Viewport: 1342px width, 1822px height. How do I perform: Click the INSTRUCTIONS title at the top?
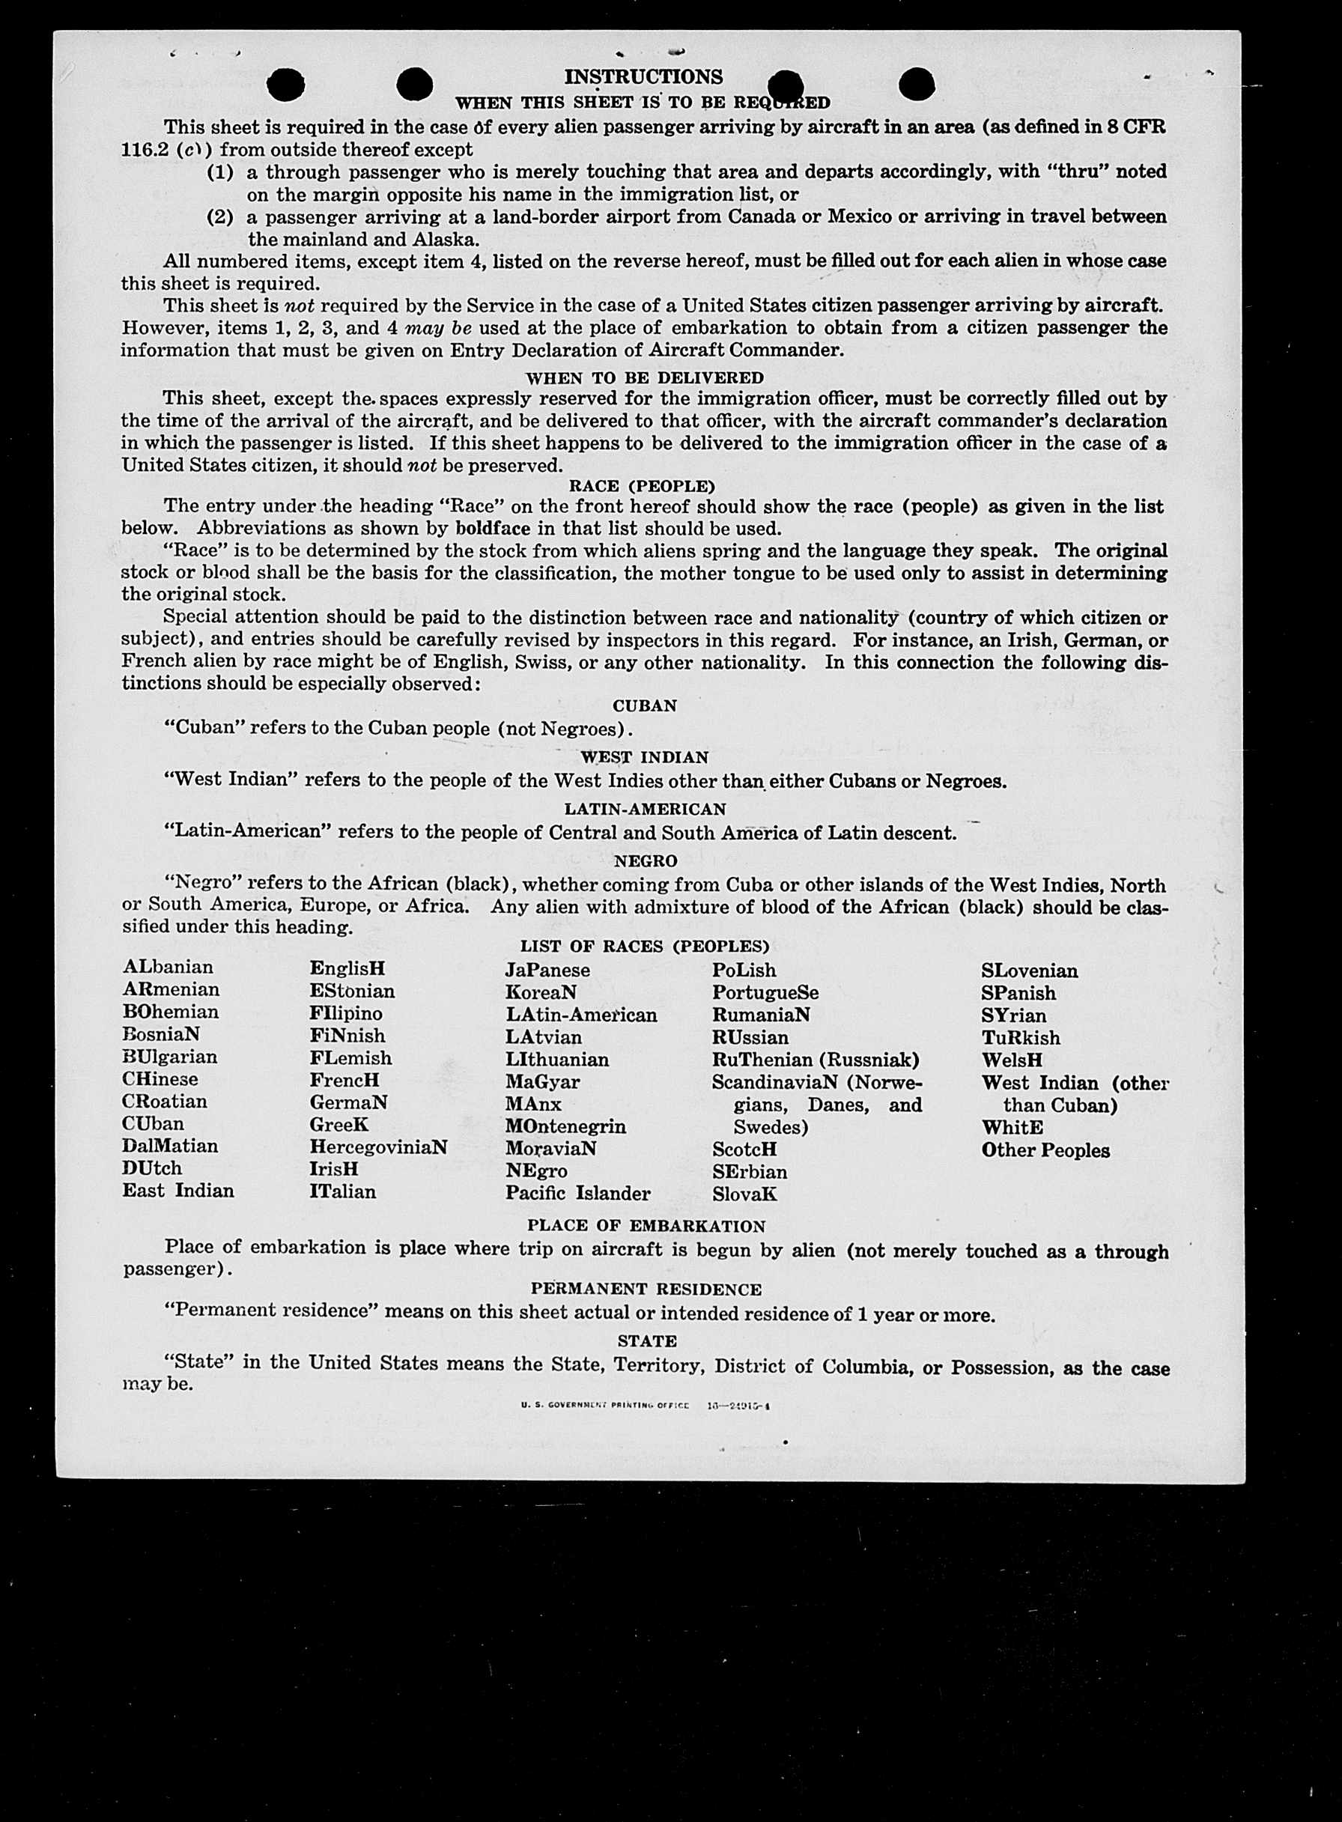(x=643, y=77)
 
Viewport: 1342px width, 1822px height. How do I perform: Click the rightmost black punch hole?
(x=917, y=85)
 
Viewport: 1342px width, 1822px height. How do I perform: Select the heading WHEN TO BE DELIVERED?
(x=644, y=377)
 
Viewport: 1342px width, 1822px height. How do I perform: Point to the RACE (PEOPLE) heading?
(x=642, y=486)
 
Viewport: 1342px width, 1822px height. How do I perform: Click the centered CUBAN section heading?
(x=644, y=706)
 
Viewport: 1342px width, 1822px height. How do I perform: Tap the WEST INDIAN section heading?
(x=644, y=757)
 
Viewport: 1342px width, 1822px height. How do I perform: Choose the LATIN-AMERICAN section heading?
(x=645, y=809)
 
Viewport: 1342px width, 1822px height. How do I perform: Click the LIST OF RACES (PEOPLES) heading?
(x=644, y=946)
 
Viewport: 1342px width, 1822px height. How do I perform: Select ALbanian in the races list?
(x=168, y=968)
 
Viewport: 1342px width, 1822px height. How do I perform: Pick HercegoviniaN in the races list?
(x=377, y=1147)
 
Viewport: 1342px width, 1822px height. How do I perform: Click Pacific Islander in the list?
(x=577, y=1193)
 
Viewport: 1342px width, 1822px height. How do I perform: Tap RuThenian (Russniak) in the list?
(x=815, y=1060)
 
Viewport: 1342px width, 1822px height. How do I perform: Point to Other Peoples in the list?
(x=1045, y=1150)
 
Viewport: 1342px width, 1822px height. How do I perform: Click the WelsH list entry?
(x=1012, y=1060)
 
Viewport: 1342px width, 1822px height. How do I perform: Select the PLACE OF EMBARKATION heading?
(x=646, y=1226)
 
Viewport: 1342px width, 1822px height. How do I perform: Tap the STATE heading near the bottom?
(x=646, y=1340)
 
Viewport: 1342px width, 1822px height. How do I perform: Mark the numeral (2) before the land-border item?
(x=220, y=217)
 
